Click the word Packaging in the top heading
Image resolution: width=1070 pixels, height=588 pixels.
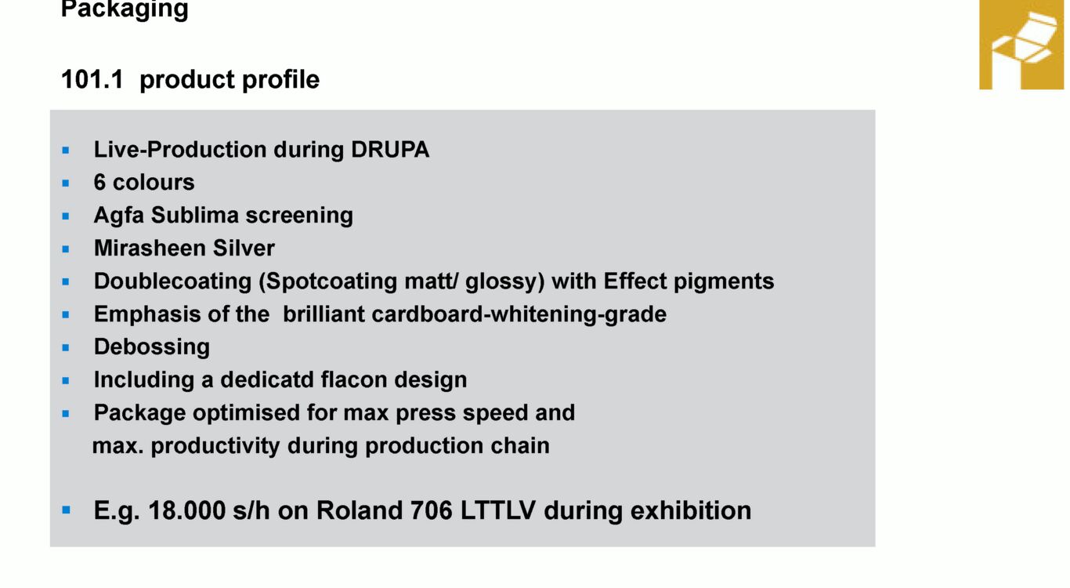pyautogui.click(x=125, y=9)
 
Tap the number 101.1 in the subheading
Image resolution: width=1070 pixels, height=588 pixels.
pyautogui.click(x=92, y=79)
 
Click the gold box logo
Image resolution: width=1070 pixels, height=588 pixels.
pyautogui.click(x=1021, y=45)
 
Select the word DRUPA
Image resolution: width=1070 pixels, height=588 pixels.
pyautogui.click(x=390, y=150)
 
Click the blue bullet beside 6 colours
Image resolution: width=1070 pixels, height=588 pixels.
pyautogui.click(x=66, y=183)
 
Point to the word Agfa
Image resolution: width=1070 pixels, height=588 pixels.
pyautogui.click(x=118, y=216)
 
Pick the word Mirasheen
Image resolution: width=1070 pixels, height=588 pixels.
pyautogui.click(x=150, y=248)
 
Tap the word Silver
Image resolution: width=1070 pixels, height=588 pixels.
pyautogui.click(x=244, y=248)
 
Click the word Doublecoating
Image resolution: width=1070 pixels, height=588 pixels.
pyautogui.click(x=173, y=281)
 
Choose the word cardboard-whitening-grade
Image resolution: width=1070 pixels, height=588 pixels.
pyautogui.click(x=519, y=314)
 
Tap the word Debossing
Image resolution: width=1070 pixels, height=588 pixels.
pyautogui.click(x=152, y=347)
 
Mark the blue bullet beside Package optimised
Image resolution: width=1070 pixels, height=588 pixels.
pyautogui.click(x=66, y=413)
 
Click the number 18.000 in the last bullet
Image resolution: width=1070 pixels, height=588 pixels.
pyautogui.click(x=186, y=510)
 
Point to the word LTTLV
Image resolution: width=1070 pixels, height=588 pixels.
pyautogui.click(x=497, y=510)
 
